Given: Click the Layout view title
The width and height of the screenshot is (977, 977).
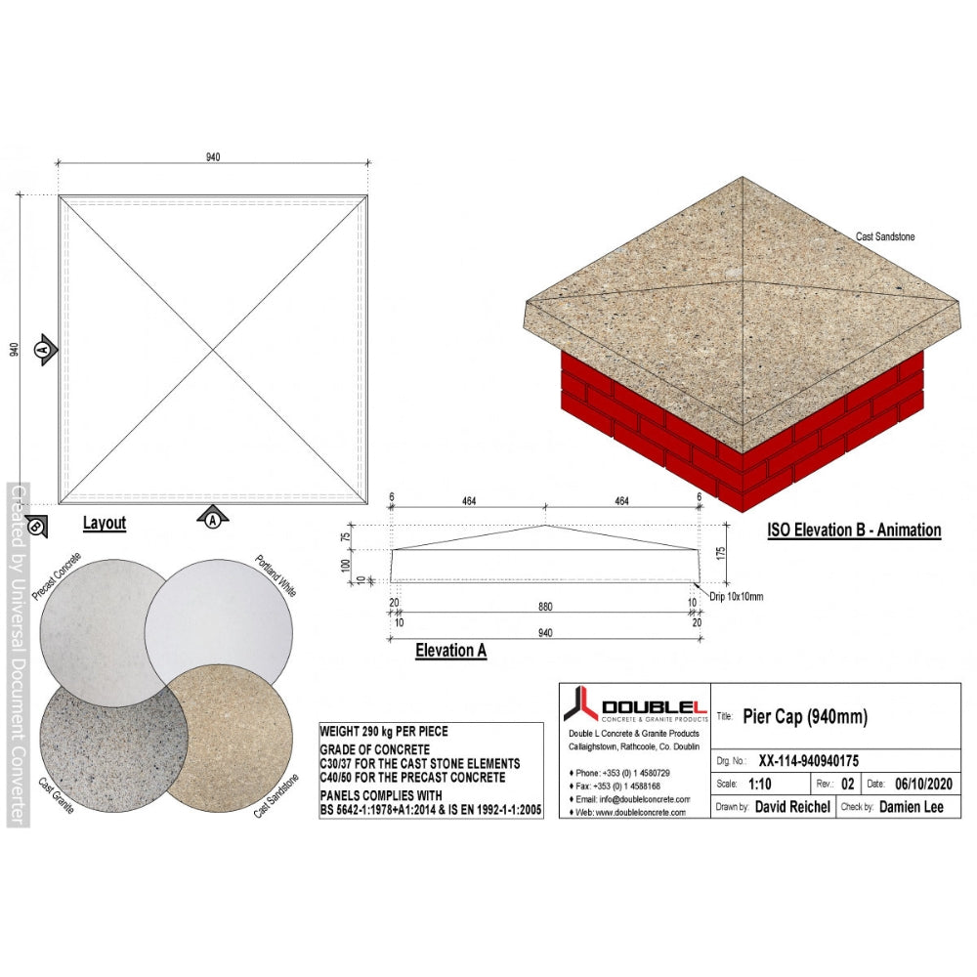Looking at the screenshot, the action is click(105, 524).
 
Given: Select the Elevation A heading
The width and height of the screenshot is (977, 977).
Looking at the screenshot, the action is click(451, 651).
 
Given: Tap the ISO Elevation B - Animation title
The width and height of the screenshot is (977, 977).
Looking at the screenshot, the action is click(854, 531).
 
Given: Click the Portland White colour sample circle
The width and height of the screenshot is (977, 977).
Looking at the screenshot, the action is click(219, 633).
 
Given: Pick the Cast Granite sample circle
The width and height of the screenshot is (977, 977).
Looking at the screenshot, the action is click(113, 739).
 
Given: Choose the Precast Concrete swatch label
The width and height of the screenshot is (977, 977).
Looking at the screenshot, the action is click(56, 575).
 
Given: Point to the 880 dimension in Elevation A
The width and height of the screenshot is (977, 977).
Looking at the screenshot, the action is click(545, 607).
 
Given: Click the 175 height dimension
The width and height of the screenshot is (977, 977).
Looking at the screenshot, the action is click(721, 553).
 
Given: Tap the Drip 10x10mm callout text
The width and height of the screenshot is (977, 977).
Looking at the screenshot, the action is click(737, 596).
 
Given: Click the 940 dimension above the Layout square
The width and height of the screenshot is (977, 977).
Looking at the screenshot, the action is click(213, 157).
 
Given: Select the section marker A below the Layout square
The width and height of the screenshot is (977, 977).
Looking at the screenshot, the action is click(213, 517).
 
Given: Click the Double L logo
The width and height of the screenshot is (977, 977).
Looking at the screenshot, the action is click(635, 704).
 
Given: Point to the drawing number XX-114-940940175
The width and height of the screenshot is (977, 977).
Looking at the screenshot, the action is click(808, 761).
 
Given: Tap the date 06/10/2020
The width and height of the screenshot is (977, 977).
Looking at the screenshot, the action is click(923, 784).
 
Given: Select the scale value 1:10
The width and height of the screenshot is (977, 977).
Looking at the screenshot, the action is click(759, 784).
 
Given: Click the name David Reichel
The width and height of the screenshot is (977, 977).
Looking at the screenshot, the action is click(792, 807).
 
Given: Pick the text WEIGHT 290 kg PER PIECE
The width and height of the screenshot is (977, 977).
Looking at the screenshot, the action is click(384, 732).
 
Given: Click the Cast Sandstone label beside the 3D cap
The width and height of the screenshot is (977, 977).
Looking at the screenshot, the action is click(885, 236).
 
